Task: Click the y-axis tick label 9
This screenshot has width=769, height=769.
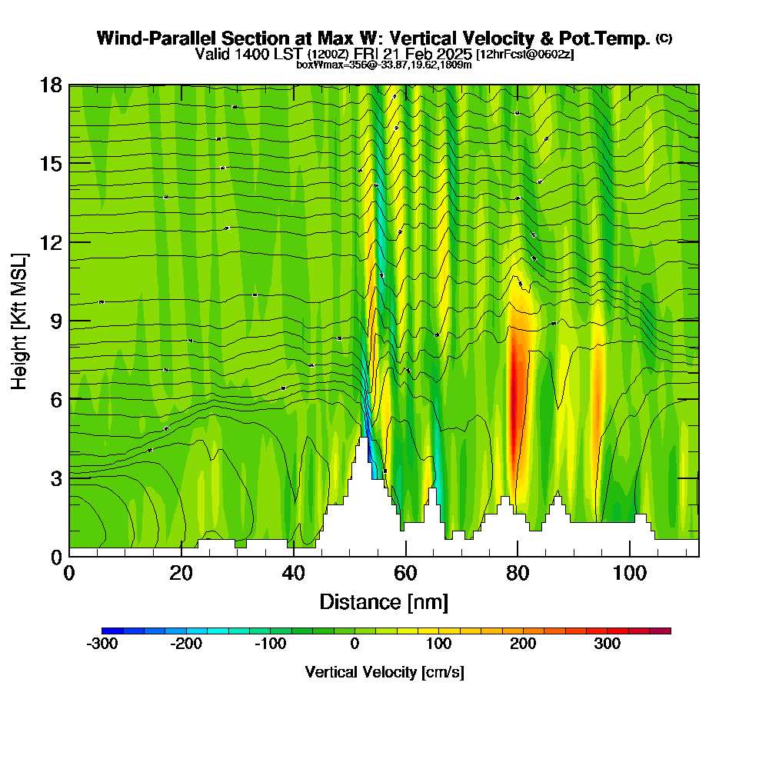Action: (x=55, y=321)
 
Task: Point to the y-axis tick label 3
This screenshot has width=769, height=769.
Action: (x=55, y=478)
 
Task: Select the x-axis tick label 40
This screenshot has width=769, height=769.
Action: (x=293, y=573)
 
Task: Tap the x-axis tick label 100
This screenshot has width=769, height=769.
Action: (x=629, y=573)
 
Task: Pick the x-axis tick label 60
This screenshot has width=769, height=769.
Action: (x=405, y=573)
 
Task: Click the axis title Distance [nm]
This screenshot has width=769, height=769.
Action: (x=384, y=601)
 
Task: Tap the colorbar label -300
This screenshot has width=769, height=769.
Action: (x=102, y=644)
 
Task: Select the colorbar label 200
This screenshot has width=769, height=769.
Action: (x=523, y=644)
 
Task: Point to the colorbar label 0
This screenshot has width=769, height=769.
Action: (x=355, y=644)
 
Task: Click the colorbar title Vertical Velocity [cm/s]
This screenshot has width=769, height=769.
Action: (x=384, y=672)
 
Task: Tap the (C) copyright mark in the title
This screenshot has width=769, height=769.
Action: (x=664, y=38)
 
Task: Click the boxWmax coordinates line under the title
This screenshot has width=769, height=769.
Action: (x=384, y=65)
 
